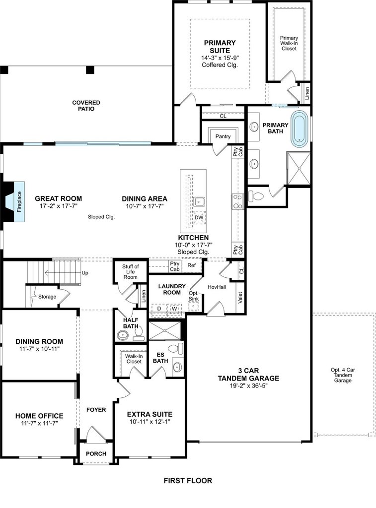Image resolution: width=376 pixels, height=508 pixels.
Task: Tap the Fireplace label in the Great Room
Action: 19,202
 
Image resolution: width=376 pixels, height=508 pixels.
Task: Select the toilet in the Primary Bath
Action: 256,196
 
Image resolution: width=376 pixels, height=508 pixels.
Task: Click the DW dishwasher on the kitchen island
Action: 199,217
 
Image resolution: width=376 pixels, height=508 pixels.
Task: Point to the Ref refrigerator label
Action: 191,265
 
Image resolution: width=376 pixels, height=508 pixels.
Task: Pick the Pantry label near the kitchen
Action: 223,136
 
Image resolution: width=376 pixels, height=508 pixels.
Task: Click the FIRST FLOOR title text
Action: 188,480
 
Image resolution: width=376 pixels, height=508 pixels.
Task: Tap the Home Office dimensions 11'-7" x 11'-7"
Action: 39,423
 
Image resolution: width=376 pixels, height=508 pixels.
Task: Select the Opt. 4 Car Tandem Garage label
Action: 343,375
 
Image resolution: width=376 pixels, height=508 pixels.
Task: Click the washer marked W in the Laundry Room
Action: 174,309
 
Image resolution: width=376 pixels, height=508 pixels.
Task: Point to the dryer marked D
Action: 159,309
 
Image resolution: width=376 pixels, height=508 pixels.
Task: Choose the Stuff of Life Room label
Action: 131,271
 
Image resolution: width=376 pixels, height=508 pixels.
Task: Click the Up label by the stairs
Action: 84,273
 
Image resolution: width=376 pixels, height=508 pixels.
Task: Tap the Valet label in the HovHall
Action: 240,298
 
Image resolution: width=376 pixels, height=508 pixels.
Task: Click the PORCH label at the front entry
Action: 96,453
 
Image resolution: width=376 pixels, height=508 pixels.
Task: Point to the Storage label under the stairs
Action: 47,297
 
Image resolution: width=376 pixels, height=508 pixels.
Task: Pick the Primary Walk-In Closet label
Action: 289,43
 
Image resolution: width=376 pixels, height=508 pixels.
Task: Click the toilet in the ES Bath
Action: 176,349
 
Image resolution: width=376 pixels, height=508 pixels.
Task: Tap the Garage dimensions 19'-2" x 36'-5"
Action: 248,385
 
